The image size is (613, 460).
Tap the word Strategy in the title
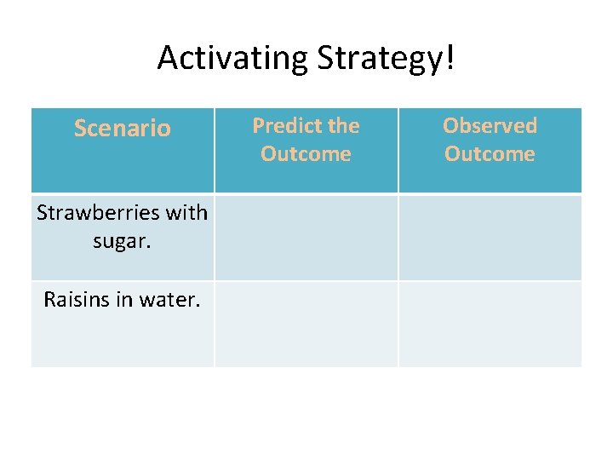coord(381,58)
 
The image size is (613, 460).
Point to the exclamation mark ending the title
coord(450,57)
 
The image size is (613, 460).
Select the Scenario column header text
coord(122,129)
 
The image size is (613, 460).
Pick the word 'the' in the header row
coord(344,126)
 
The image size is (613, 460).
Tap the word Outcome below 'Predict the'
coord(306,154)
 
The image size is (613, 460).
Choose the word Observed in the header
coord(490,126)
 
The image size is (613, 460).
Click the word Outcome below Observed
coord(490,154)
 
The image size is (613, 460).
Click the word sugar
coord(122,242)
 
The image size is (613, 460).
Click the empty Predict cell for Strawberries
coord(306,238)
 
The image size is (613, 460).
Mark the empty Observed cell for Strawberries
coord(490,238)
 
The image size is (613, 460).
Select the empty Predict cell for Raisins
coord(306,325)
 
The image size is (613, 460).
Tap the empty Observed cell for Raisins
coord(490,325)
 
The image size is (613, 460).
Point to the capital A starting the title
coord(167,58)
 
